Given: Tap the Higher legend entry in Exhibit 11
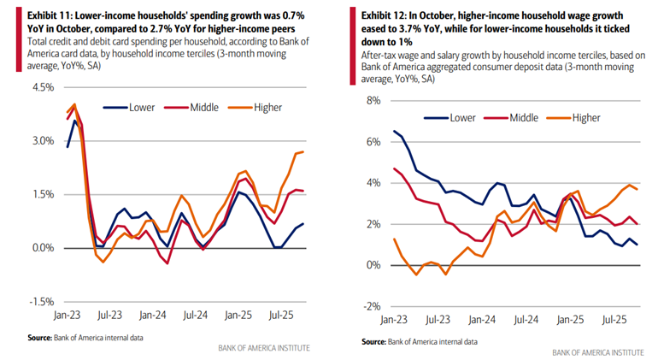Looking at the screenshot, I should coord(267,107).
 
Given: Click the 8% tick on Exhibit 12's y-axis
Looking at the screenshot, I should coord(373,100).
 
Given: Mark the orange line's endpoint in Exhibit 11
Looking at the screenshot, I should coord(303,151).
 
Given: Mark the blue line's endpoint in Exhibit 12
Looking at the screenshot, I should coord(637,245).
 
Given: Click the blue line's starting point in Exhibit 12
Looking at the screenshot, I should coord(393,131).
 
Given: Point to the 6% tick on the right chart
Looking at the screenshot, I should coord(373,141).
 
